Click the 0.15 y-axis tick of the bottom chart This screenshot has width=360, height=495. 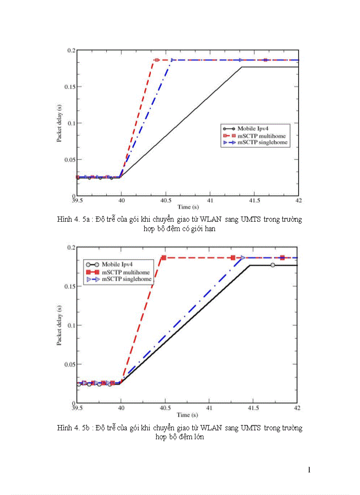(x=69, y=287)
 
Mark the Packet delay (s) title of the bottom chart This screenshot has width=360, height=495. (x=59, y=325)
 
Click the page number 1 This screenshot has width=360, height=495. (x=309, y=470)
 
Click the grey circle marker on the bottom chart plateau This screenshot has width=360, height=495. (x=273, y=265)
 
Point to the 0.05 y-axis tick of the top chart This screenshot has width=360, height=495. (x=69, y=159)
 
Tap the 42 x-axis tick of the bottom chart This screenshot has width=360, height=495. (x=298, y=409)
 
